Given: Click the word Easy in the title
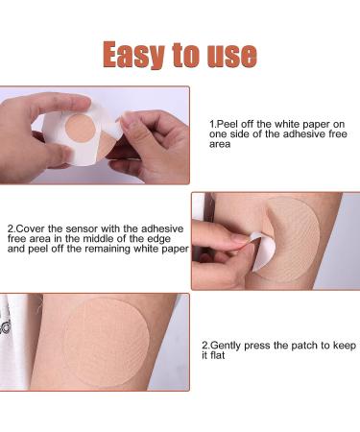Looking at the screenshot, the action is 132,55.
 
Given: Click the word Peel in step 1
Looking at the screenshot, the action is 228,124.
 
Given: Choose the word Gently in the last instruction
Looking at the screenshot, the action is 227,346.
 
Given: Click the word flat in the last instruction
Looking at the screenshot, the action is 218,355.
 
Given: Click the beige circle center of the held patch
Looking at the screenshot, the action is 81,128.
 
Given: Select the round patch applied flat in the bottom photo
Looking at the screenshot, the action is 106,343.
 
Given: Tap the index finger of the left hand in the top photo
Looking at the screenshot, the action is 60,103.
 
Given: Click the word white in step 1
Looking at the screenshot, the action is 287,124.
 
